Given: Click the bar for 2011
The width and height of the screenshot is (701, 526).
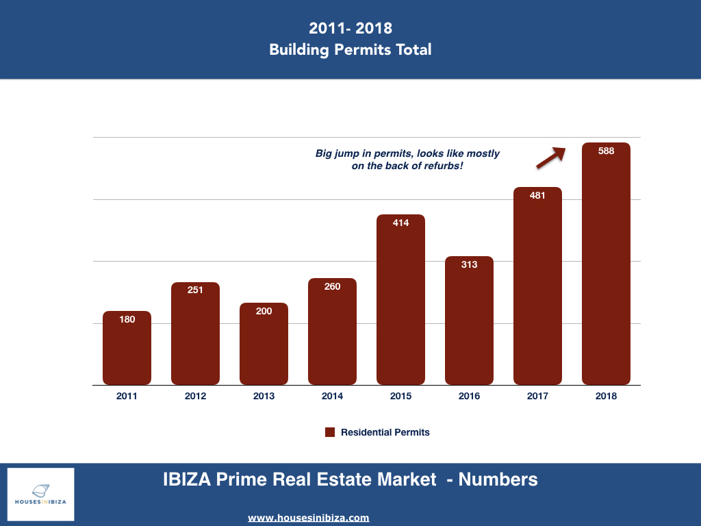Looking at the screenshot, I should tap(127, 349).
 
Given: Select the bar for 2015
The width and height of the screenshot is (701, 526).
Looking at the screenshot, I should tap(400, 301).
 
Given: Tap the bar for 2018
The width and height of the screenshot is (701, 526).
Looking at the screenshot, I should tap(606, 267).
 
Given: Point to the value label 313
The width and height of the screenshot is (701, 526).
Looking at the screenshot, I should tap(469, 264).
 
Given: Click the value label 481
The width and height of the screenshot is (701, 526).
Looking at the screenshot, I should tap(537, 195).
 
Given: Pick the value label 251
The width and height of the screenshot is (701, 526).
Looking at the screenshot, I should tap(195, 290).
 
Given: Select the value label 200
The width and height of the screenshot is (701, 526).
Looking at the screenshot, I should tap(264, 311).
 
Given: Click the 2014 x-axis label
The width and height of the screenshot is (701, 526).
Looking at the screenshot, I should tap(332, 396).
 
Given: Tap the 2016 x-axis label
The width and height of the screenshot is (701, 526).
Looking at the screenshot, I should tap(469, 396).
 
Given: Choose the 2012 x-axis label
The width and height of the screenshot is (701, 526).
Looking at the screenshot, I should tap(195, 396).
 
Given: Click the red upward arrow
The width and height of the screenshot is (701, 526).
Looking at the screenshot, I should tap(551, 158).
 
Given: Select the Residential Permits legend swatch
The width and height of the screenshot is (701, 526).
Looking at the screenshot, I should tap(329, 432).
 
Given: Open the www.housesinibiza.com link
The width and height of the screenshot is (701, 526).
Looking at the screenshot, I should tap(308, 518).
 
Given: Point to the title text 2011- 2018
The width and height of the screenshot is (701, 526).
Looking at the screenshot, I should tap(350, 28).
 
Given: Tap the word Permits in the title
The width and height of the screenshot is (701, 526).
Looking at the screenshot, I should tap(364, 49).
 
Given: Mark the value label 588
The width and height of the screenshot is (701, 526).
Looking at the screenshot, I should tap(606, 151).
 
